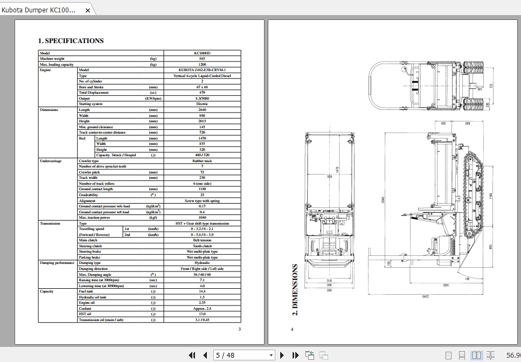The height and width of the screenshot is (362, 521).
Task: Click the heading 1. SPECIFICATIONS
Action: point(71,40)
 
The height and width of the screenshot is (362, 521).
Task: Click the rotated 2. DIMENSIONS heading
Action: point(295,289)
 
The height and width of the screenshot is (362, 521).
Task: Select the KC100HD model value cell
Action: point(202,53)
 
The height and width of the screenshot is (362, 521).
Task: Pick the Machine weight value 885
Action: point(202,59)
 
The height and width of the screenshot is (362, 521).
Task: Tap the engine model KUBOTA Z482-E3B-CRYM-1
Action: point(202,70)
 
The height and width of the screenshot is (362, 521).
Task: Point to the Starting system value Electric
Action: point(202,104)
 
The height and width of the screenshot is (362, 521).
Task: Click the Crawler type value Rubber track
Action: point(202,161)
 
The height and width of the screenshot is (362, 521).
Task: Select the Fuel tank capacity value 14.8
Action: point(202,291)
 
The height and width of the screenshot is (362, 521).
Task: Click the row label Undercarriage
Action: point(51,161)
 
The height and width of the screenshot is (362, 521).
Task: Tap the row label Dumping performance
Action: point(57,263)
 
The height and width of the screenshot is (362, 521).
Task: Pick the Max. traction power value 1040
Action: point(202,218)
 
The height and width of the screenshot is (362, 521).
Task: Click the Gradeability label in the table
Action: point(88,195)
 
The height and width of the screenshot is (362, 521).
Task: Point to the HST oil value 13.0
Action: point(202,314)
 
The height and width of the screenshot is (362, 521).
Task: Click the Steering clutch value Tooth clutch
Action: point(202,246)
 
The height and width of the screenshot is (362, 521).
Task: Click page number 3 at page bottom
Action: point(239,329)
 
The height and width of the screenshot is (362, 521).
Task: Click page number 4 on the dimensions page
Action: point(292,329)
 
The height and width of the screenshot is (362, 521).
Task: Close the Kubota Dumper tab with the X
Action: point(88,10)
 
